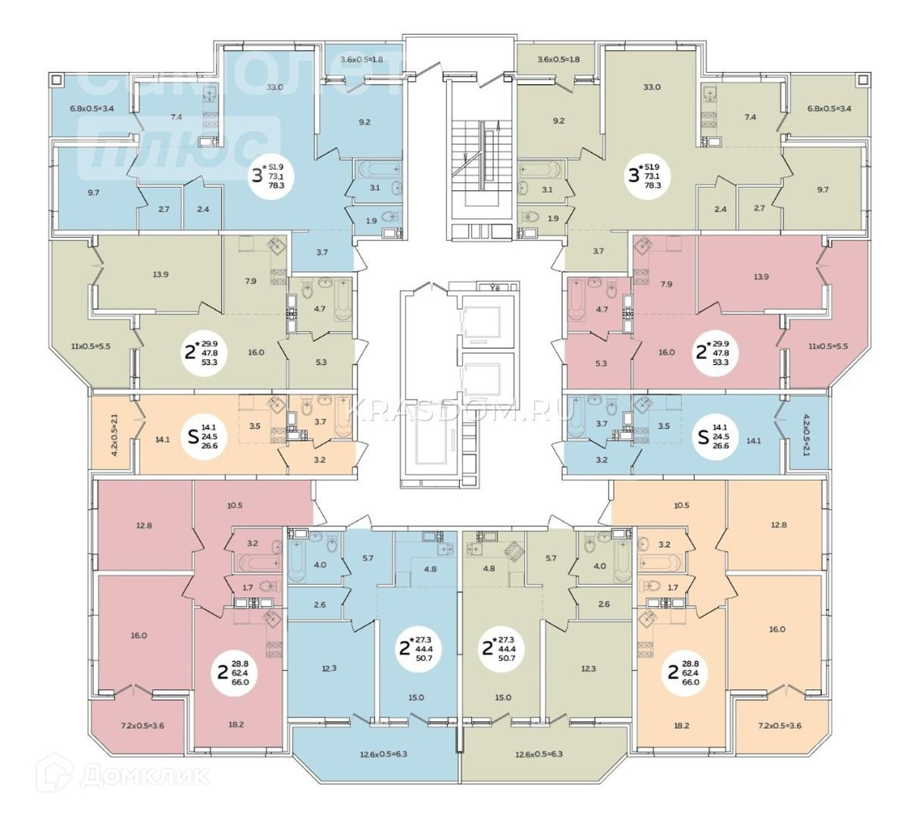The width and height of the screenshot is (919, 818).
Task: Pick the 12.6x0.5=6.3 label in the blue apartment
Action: [x=375, y=754]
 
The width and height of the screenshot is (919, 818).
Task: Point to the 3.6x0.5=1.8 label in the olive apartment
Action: [x=558, y=59]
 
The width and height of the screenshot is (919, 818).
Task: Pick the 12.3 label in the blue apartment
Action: [x=329, y=667]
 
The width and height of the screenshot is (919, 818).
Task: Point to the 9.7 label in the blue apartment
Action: [x=94, y=193]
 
